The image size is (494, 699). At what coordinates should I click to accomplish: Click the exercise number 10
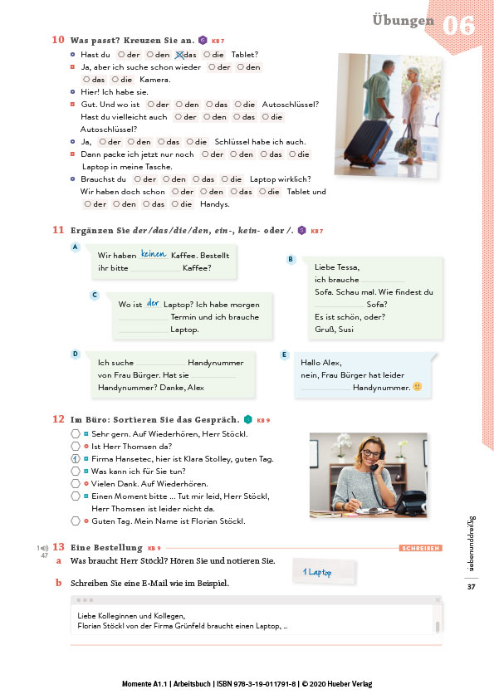(58, 40)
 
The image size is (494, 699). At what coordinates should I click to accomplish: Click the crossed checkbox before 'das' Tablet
(179, 55)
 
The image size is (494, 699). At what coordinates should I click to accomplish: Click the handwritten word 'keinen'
(154, 254)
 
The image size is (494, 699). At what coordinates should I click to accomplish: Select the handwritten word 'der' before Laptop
(153, 303)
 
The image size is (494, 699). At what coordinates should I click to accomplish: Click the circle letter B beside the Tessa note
(291, 259)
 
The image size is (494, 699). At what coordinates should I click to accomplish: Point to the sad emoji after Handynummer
(418, 387)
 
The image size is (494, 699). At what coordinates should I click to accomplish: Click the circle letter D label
(76, 354)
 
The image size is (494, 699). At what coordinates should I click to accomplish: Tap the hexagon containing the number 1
(76, 459)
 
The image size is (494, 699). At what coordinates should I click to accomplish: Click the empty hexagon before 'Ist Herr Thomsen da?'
(76, 447)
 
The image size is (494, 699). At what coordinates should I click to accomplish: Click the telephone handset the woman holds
(377, 462)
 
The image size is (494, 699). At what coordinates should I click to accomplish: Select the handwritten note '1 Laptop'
(317, 572)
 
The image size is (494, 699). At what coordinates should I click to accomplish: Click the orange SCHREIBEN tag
(420, 548)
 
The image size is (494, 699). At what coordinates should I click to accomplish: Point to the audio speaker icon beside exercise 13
(43, 548)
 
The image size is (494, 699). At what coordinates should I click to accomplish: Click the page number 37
(472, 587)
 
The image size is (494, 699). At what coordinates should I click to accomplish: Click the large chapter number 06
(458, 25)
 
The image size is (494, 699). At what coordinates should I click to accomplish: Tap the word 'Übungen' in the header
(403, 20)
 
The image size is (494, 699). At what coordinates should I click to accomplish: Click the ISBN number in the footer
(257, 684)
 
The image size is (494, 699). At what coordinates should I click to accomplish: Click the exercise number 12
(58, 419)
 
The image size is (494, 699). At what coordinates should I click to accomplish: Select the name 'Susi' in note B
(345, 330)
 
